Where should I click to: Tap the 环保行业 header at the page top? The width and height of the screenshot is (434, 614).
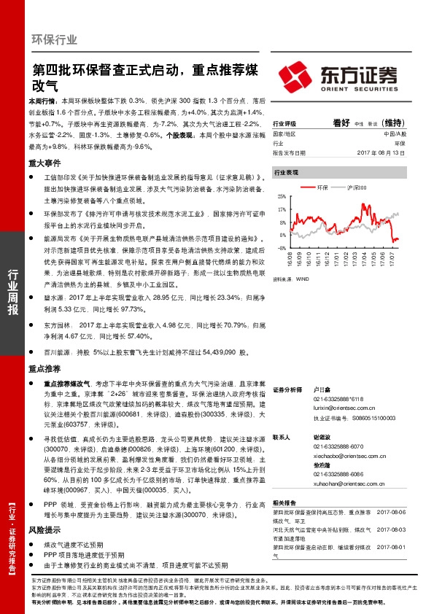click(x=55, y=39)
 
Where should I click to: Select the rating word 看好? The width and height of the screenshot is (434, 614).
click(x=342, y=123)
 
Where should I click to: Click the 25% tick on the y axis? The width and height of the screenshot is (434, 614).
click(x=282, y=198)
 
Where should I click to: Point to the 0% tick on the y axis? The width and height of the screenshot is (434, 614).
click(x=283, y=235)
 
